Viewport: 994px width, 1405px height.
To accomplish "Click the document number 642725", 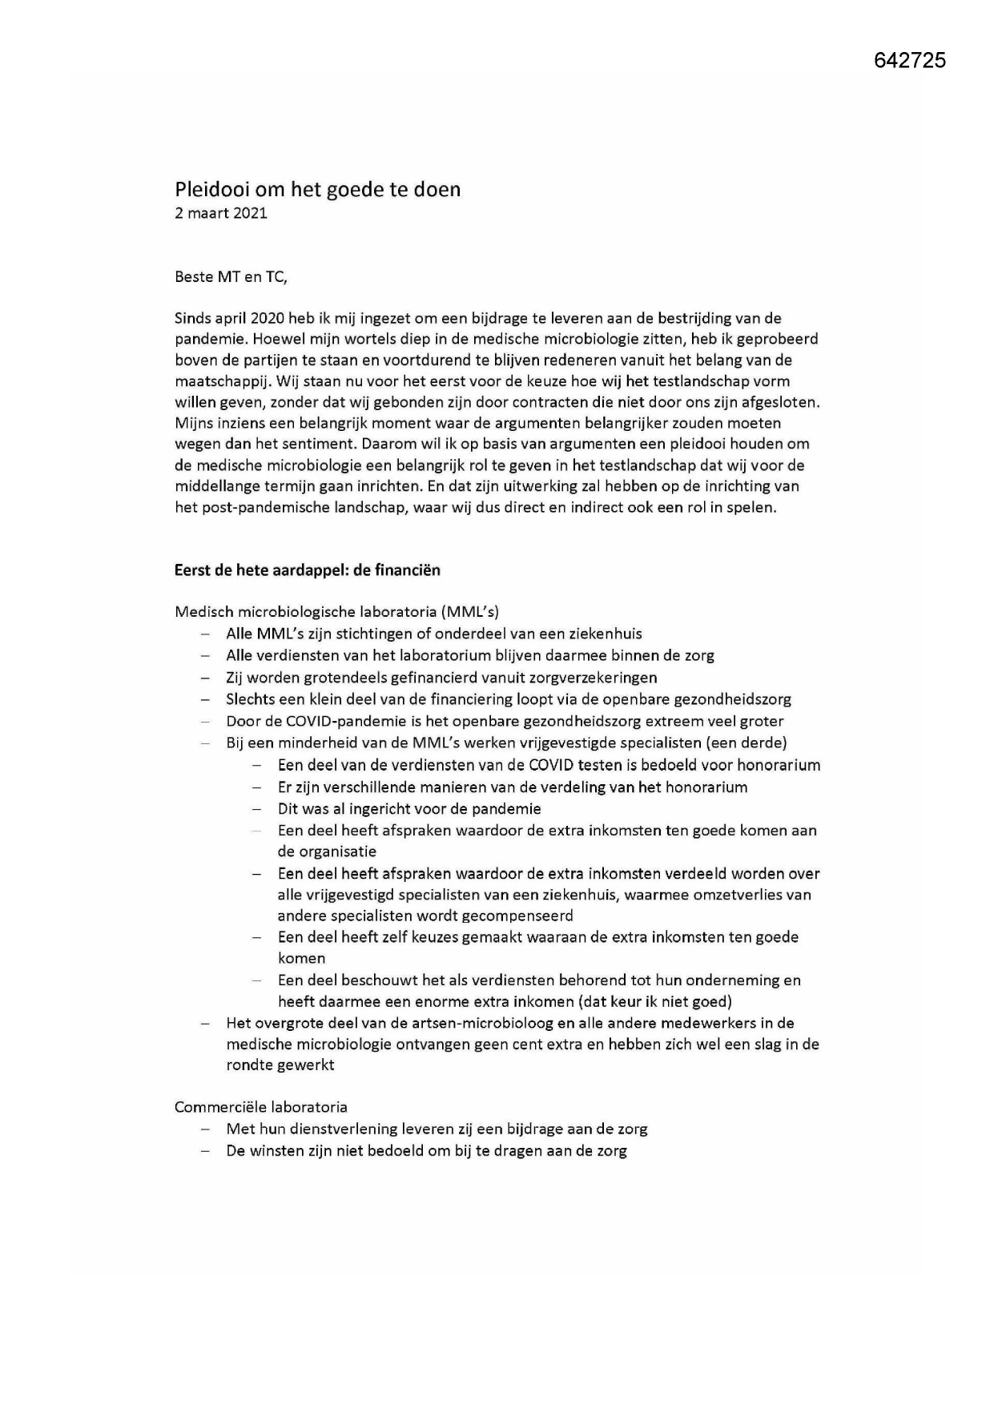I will pos(910,60).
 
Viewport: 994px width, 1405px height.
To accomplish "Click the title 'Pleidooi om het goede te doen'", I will pos(318,190).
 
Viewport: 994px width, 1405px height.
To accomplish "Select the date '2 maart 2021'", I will pos(221,213).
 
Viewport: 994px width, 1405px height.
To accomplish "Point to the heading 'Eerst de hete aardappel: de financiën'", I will pos(308,570).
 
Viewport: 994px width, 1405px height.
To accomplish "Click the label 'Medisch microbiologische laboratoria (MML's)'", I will pos(336,612).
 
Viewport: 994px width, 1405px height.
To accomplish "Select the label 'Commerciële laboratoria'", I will pos(261,1107).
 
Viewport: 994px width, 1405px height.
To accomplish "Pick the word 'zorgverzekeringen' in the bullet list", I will pos(596,678).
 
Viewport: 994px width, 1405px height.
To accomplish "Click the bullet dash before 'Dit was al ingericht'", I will pos(257,809).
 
